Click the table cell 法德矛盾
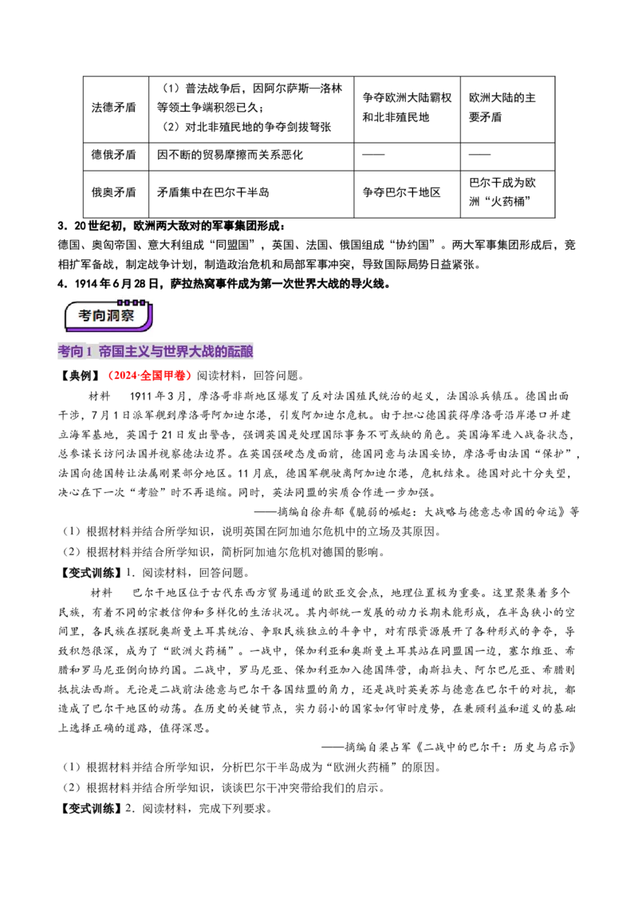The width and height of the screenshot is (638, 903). point(116,108)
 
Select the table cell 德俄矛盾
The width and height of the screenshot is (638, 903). point(116,156)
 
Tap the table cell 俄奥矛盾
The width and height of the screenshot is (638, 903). point(116,194)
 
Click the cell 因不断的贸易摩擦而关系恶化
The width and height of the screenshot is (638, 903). point(251,156)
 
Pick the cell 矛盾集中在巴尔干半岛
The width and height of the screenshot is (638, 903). point(251,194)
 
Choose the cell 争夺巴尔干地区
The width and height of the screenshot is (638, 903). point(407,194)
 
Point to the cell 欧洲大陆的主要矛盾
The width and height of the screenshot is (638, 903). point(507,108)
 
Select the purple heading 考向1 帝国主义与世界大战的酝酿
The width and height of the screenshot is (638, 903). point(156,351)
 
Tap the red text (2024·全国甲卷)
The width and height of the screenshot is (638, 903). point(149,376)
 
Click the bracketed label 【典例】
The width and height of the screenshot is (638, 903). point(81,376)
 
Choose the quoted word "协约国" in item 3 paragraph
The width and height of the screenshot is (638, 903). point(412,246)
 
